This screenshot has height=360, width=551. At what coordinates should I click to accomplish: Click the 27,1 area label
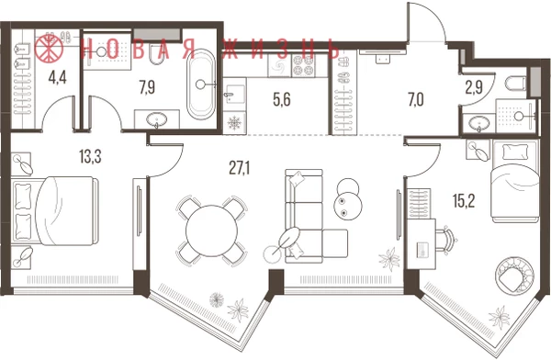[240, 168]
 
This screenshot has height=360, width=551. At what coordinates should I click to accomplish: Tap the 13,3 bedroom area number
[90, 157]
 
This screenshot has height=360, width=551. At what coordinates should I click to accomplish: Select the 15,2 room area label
[464, 201]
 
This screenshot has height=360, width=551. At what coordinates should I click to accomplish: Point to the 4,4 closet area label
[58, 78]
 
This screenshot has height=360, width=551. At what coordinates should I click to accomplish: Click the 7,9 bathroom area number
[147, 87]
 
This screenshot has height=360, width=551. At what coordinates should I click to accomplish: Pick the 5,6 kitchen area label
[282, 100]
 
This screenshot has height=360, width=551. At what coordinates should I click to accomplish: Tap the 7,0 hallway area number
[416, 100]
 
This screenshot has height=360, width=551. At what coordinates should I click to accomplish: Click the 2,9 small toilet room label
[474, 88]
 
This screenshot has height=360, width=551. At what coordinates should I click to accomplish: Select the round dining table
[211, 231]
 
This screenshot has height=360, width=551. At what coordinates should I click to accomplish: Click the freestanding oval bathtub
[200, 84]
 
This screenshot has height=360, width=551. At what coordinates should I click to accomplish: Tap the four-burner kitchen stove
[303, 65]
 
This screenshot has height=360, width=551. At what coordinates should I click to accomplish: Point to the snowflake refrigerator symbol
[234, 123]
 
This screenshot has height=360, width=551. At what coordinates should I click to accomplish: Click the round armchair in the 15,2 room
[513, 276]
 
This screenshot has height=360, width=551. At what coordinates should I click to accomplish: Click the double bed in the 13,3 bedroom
[55, 210]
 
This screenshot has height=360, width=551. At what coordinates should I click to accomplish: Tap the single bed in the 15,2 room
[515, 181]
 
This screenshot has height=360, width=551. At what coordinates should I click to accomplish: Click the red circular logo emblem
[49, 48]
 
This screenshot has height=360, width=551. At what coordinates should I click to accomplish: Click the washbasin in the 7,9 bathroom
[156, 119]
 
